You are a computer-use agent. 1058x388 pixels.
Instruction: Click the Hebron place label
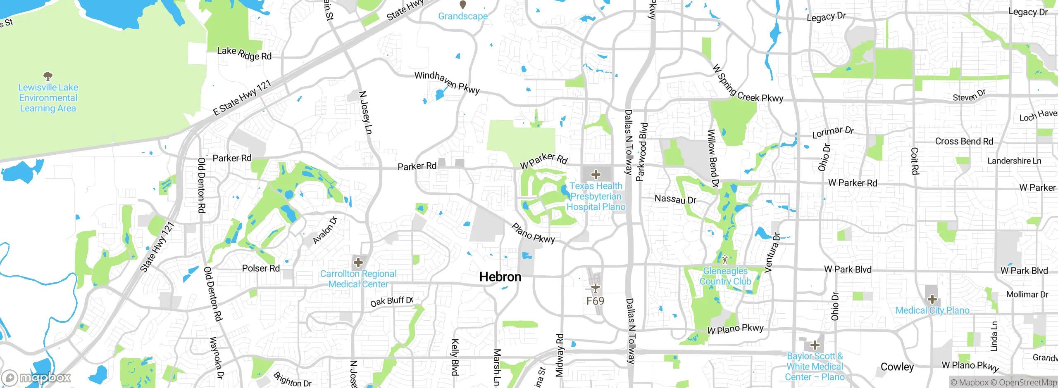[x=500, y=277]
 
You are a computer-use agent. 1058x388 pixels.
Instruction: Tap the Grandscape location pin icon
[x=463, y=5]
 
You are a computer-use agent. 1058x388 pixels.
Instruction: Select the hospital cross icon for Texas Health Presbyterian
[x=596, y=175]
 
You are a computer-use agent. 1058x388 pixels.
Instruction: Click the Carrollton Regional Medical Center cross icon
[x=358, y=263]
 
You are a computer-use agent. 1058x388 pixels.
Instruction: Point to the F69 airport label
[x=595, y=301]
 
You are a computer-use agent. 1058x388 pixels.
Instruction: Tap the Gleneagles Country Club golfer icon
[x=725, y=260]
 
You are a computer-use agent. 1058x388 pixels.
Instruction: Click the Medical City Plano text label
[x=932, y=310]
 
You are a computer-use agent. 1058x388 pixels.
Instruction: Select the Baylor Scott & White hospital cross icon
[x=815, y=345]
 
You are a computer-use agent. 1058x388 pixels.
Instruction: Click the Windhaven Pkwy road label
[x=447, y=82]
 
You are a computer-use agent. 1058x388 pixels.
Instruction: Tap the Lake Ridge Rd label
[x=244, y=53]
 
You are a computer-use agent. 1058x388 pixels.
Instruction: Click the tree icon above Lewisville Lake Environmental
[x=48, y=76]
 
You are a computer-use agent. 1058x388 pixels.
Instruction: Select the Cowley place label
[x=897, y=367]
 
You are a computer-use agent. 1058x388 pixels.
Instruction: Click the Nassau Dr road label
[x=675, y=199]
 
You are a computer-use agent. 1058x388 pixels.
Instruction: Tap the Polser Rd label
[x=261, y=268]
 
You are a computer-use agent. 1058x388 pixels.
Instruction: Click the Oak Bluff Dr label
[x=391, y=301]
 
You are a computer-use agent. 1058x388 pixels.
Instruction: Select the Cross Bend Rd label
[x=964, y=141]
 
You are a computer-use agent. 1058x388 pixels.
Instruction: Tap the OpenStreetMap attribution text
[x=1027, y=383]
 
